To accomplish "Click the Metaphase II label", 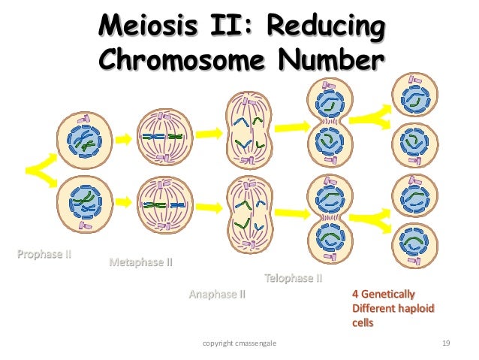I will pyautogui.click(x=141, y=263).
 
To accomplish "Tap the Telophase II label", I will pyautogui.click(x=293, y=278).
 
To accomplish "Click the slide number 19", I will pyautogui.click(x=447, y=344).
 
